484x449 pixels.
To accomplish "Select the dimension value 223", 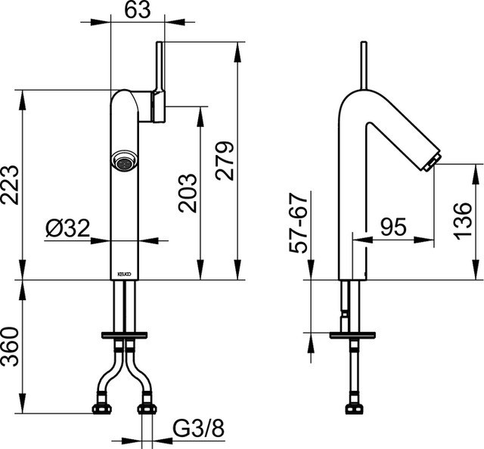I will pyautogui.click(x=11, y=184).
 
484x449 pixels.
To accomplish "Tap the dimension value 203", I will pyautogui.click(x=188, y=192).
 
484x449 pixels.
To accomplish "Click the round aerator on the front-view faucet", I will pyautogui.click(x=124, y=160).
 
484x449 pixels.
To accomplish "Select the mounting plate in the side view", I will pyautogui.click(x=354, y=334).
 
